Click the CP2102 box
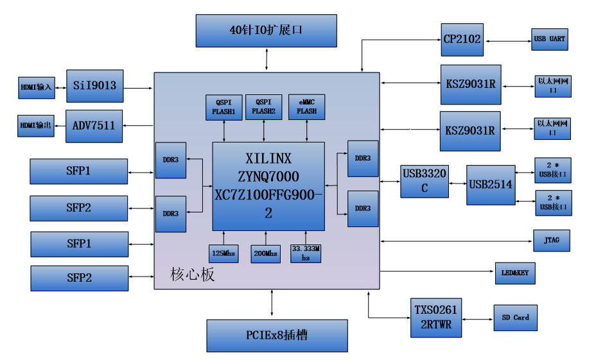pyautogui.click(x=462, y=40)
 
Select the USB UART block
pyautogui.click(x=550, y=39)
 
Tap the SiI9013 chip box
pyautogui.click(x=94, y=86)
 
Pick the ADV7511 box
pyautogui.click(x=94, y=126)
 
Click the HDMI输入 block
pyautogui.click(x=37, y=88)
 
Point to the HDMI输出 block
pyautogui.click(x=36, y=126)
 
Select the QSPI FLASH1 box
pyautogui.click(x=224, y=107)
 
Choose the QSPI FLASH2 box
pyautogui.click(x=264, y=107)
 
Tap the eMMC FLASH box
pyautogui.click(x=307, y=107)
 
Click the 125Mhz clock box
pyautogui.click(x=223, y=253)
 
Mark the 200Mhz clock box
pyautogui.click(x=266, y=253)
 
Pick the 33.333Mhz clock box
pyautogui.click(x=306, y=253)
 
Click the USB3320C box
pyautogui.click(x=425, y=182)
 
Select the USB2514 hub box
pyautogui.click(x=491, y=185)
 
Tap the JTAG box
pyautogui.click(x=552, y=241)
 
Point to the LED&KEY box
pyautogui.click(x=515, y=273)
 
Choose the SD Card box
pyautogui.click(x=516, y=318)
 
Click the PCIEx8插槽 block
pyautogui.click(x=277, y=336)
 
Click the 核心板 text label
pyautogui.click(x=192, y=274)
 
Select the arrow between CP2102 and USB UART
pyautogui.click(x=507, y=41)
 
